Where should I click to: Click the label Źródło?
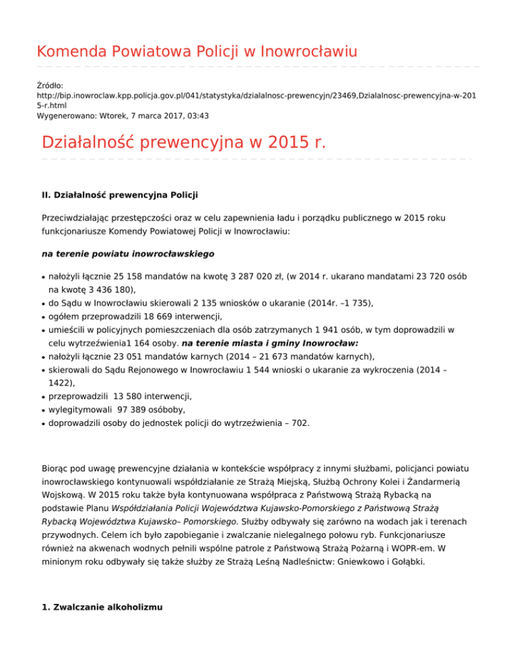tap(50, 86)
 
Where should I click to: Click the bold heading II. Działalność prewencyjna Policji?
tap(119, 196)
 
